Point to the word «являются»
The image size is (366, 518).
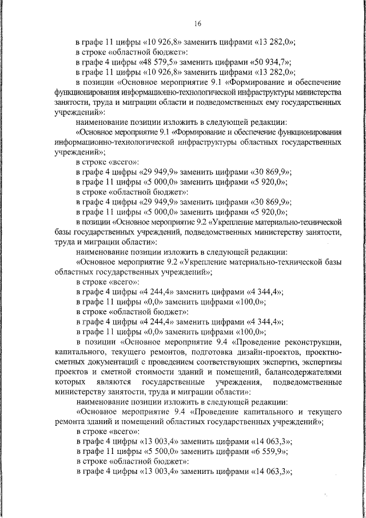click(133, 382)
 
